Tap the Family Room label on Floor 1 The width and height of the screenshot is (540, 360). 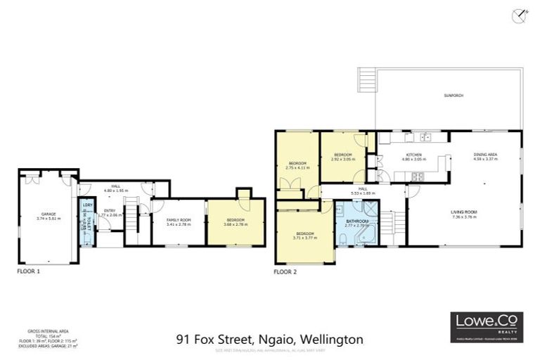(179, 222)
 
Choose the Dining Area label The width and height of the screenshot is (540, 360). (485, 157)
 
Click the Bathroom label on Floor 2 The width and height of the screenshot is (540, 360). (357, 223)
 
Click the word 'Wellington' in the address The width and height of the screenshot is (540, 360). (336, 339)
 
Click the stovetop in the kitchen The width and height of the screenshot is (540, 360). (416, 176)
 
